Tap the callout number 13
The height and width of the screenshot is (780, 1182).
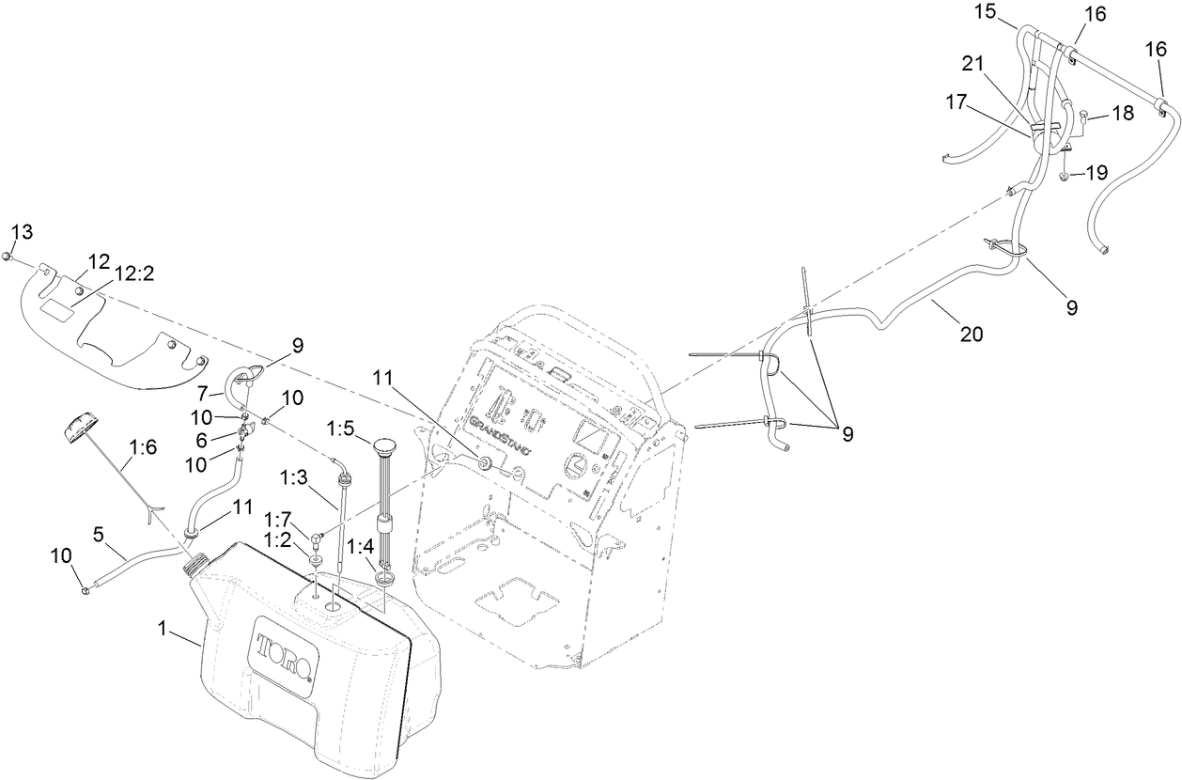click(21, 232)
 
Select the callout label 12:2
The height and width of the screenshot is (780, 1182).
click(135, 273)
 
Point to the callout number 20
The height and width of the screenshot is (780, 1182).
click(972, 333)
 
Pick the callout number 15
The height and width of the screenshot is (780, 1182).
click(1010, 13)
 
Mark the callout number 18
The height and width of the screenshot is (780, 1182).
click(1124, 112)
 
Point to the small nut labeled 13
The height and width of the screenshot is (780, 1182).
click(8, 257)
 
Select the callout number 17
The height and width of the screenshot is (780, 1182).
click(956, 103)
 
